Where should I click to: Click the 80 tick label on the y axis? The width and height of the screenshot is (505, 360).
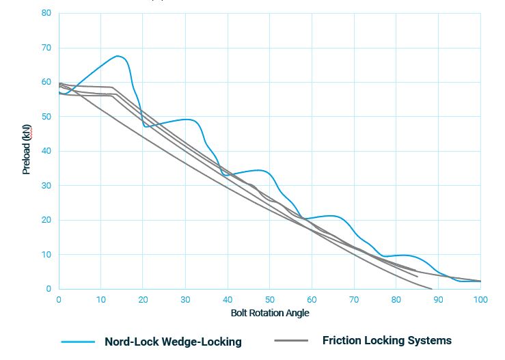(x=46, y=13)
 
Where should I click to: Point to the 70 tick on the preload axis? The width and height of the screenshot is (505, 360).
(x=46, y=48)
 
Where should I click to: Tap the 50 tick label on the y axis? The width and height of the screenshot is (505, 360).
(x=46, y=117)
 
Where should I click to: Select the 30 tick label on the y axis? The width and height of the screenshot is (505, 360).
(x=46, y=186)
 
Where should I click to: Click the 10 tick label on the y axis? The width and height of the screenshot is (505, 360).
(x=46, y=255)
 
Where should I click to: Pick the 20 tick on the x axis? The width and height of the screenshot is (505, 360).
(x=143, y=299)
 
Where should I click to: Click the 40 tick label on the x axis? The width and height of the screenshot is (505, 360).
(x=228, y=299)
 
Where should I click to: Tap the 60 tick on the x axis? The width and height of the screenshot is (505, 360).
(x=312, y=299)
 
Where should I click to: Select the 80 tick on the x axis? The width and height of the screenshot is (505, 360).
(x=396, y=299)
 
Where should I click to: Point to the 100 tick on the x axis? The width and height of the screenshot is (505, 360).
(x=480, y=299)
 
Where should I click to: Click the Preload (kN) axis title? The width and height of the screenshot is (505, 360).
(x=27, y=151)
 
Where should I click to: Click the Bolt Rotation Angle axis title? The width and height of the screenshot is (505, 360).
(x=269, y=314)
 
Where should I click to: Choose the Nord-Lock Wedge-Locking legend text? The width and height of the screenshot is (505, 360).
(x=173, y=342)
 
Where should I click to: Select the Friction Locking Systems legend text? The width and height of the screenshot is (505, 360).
(x=387, y=340)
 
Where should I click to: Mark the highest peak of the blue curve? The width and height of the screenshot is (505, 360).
(x=118, y=56)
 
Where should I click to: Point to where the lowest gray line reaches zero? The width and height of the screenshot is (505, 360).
(x=432, y=289)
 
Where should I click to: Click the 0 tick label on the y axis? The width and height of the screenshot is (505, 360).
(x=48, y=289)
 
